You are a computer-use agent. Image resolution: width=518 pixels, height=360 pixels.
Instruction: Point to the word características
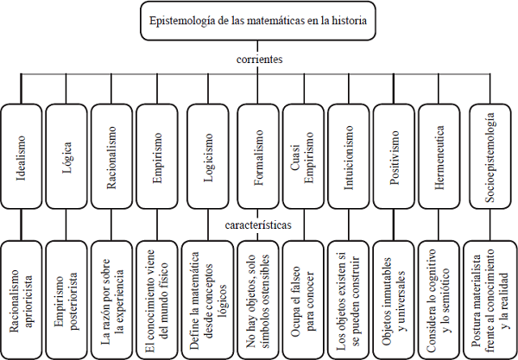point(259,223)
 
